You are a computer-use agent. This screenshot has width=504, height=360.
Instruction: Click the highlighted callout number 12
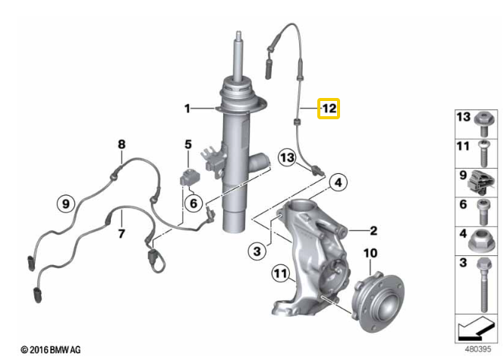coord(329,109)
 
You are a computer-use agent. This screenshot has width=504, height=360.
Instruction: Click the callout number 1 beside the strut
coord(187,109)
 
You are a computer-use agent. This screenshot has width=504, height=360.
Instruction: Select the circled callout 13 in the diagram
coord(287,158)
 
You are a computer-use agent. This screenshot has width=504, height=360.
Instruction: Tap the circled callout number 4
coord(339,182)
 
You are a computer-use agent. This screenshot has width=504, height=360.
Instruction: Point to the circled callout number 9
coord(65,204)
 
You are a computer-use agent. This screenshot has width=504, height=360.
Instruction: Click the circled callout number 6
coord(194,203)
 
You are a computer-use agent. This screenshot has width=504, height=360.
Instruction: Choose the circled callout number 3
coord(257,251)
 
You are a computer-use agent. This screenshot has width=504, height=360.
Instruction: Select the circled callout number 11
coord(281,273)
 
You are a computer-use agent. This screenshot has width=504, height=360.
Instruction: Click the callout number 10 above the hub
coord(370,253)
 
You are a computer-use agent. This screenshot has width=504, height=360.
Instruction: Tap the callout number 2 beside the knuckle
coord(373,231)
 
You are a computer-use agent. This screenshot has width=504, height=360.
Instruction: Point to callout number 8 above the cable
coord(121,144)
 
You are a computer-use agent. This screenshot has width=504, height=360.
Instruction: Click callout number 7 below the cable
coord(121,233)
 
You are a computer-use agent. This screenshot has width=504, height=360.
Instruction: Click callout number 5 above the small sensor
coord(188,144)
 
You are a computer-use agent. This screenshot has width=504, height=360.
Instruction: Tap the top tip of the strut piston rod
coord(238,32)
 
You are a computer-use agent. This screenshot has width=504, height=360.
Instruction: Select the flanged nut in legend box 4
coord(480,241)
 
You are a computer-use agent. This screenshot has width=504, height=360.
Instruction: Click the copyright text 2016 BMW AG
coord(50,349)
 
